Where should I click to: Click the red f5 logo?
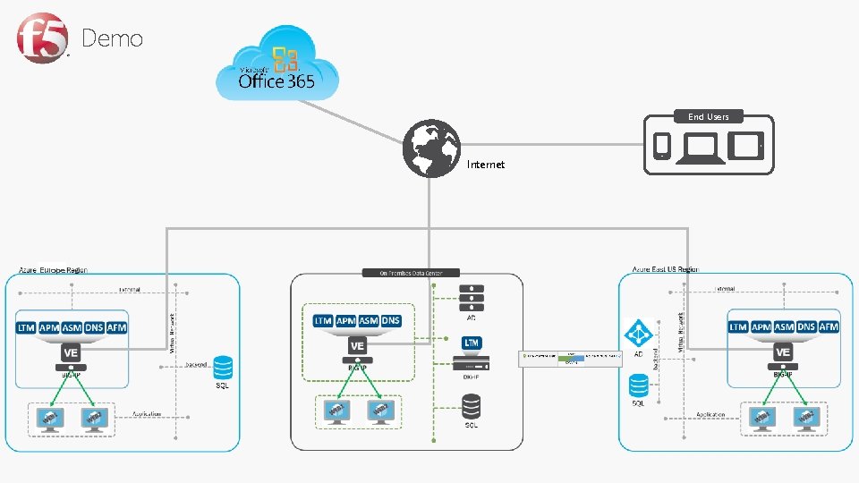(41, 38)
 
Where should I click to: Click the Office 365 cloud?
(276, 68)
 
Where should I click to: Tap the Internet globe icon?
(431, 148)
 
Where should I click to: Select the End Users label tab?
(708, 116)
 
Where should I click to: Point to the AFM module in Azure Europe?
(116, 328)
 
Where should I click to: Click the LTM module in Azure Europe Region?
(26, 328)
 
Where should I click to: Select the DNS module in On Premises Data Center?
(391, 320)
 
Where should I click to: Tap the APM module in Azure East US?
(761, 327)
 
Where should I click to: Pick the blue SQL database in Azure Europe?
(223, 368)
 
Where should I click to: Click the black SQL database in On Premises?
(472, 407)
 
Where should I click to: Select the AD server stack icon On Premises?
(472, 296)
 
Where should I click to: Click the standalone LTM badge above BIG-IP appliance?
(472, 343)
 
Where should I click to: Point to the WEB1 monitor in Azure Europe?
(48, 418)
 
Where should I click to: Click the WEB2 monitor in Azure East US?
(807, 418)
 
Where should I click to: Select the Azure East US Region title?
(665, 269)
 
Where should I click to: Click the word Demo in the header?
(112, 38)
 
